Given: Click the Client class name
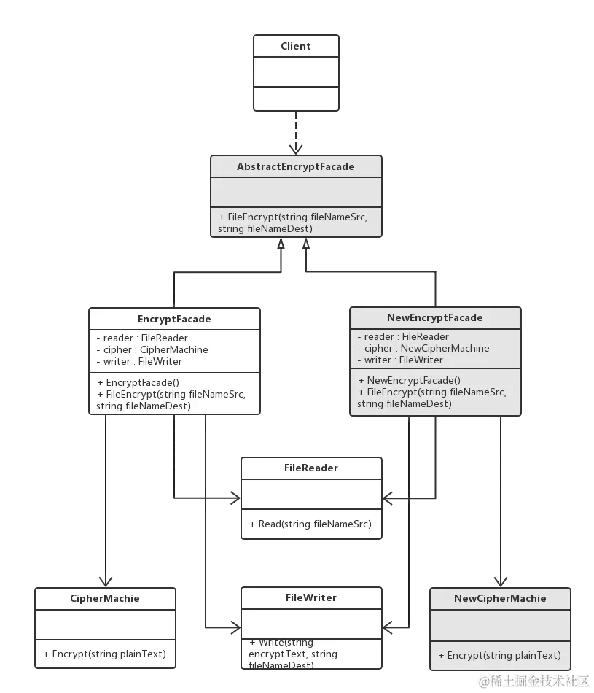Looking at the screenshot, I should pyautogui.click(x=296, y=46).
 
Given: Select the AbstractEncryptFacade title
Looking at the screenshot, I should pyautogui.click(x=296, y=166).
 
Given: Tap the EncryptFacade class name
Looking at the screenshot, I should pyautogui.click(x=174, y=319).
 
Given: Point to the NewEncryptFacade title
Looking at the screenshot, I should pyautogui.click(x=435, y=317).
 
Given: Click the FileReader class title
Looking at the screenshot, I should pyautogui.click(x=311, y=468).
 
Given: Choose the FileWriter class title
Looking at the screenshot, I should pyautogui.click(x=311, y=597).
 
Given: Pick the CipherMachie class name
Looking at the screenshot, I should pyautogui.click(x=105, y=598).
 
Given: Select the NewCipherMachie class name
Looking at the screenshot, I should pyautogui.click(x=500, y=598).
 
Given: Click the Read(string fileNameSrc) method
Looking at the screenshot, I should pyautogui.click(x=310, y=524).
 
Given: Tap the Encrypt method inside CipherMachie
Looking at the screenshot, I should pyautogui.click(x=105, y=654).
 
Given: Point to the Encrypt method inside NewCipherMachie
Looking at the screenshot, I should pyautogui.click(x=500, y=655).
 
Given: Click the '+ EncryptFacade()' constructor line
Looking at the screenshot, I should pyautogui.click(x=138, y=382).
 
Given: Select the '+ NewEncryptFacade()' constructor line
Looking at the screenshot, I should pyautogui.click(x=409, y=380).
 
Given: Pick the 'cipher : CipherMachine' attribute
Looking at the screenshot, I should pyautogui.click(x=152, y=349).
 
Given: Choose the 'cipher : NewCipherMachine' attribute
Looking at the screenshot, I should pyautogui.click(x=423, y=348).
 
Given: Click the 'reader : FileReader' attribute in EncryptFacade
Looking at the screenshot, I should pyautogui.click(x=142, y=338).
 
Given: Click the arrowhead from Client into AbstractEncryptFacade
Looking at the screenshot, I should pyautogui.click(x=294, y=148).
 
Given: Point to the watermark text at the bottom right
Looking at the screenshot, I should pyautogui.click(x=533, y=681).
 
